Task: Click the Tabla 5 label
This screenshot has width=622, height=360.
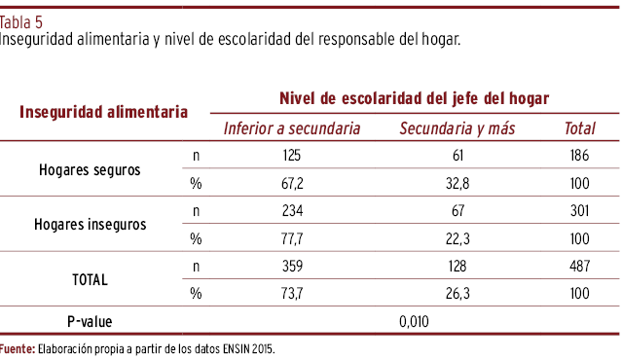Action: pyautogui.click(x=21, y=22)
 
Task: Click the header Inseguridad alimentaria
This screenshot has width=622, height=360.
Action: pyautogui.click(x=103, y=112)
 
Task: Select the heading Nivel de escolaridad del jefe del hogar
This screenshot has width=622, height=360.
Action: pyautogui.click(x=414, y=98)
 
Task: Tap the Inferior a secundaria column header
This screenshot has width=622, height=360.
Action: pyautogui.click(x=292, y=128)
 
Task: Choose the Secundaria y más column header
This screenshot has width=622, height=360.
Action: pyautogui.click(x=457, y=128)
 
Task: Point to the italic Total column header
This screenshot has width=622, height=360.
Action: pyautogui.click(x=579, y=128)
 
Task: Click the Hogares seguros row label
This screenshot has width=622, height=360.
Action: pyautogui.click(x=90, y=170)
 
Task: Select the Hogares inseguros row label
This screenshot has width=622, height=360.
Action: pyautogui.click(x=91, y=225)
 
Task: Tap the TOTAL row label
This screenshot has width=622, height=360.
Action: pyautogui.click(x=90, y=280)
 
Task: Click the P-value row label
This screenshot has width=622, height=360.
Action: pyautogui.click(x=90, y=321)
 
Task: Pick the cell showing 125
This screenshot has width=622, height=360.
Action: pyautogui.click(x=292, y=156)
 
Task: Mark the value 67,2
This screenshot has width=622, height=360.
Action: pyautogui.click(x=292, y=184)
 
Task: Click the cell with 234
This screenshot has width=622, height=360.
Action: pyautogui.click(x=292, y=210)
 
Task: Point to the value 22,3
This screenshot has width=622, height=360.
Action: pyautogui.click(x=457, y=238)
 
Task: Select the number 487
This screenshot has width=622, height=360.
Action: pyautogui.click(x=579, y=266)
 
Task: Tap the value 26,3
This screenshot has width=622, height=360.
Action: pyautogui.click(x=457, y=294)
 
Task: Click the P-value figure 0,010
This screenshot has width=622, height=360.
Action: pyautogui.click(x=414, y=321)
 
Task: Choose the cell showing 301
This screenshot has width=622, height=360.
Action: pyautogui.click(x=579, y=210)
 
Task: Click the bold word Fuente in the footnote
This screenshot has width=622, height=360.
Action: pyautogui.click(x=18, y=349)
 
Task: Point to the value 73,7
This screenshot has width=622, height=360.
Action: pyautogui.click(x=292, y=294)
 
